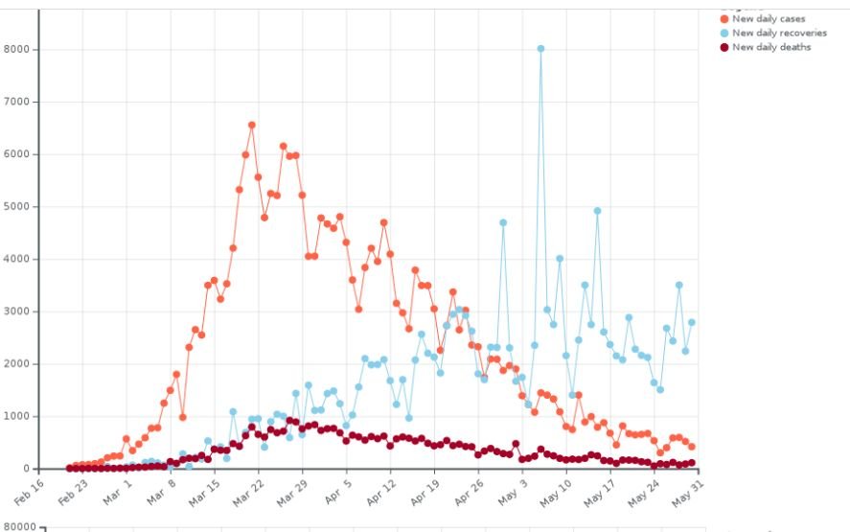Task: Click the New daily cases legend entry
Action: [x=768, y=19]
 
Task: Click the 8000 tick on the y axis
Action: [x=19, y=50]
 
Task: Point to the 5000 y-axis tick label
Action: [x=19, y=207]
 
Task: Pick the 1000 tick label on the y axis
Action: [x=19, y=417]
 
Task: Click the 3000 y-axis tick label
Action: [x=19, y=312]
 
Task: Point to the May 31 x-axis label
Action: [x=683, y=488]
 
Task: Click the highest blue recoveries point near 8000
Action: [x=540, y=48]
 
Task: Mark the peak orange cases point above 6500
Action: [x=251, y=125]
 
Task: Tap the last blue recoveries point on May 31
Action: [x=691, y=322]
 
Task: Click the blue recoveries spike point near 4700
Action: [x=502, y=222]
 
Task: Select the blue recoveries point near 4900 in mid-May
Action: [x=597, y=211]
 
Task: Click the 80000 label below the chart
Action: [x=18, y=526]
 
